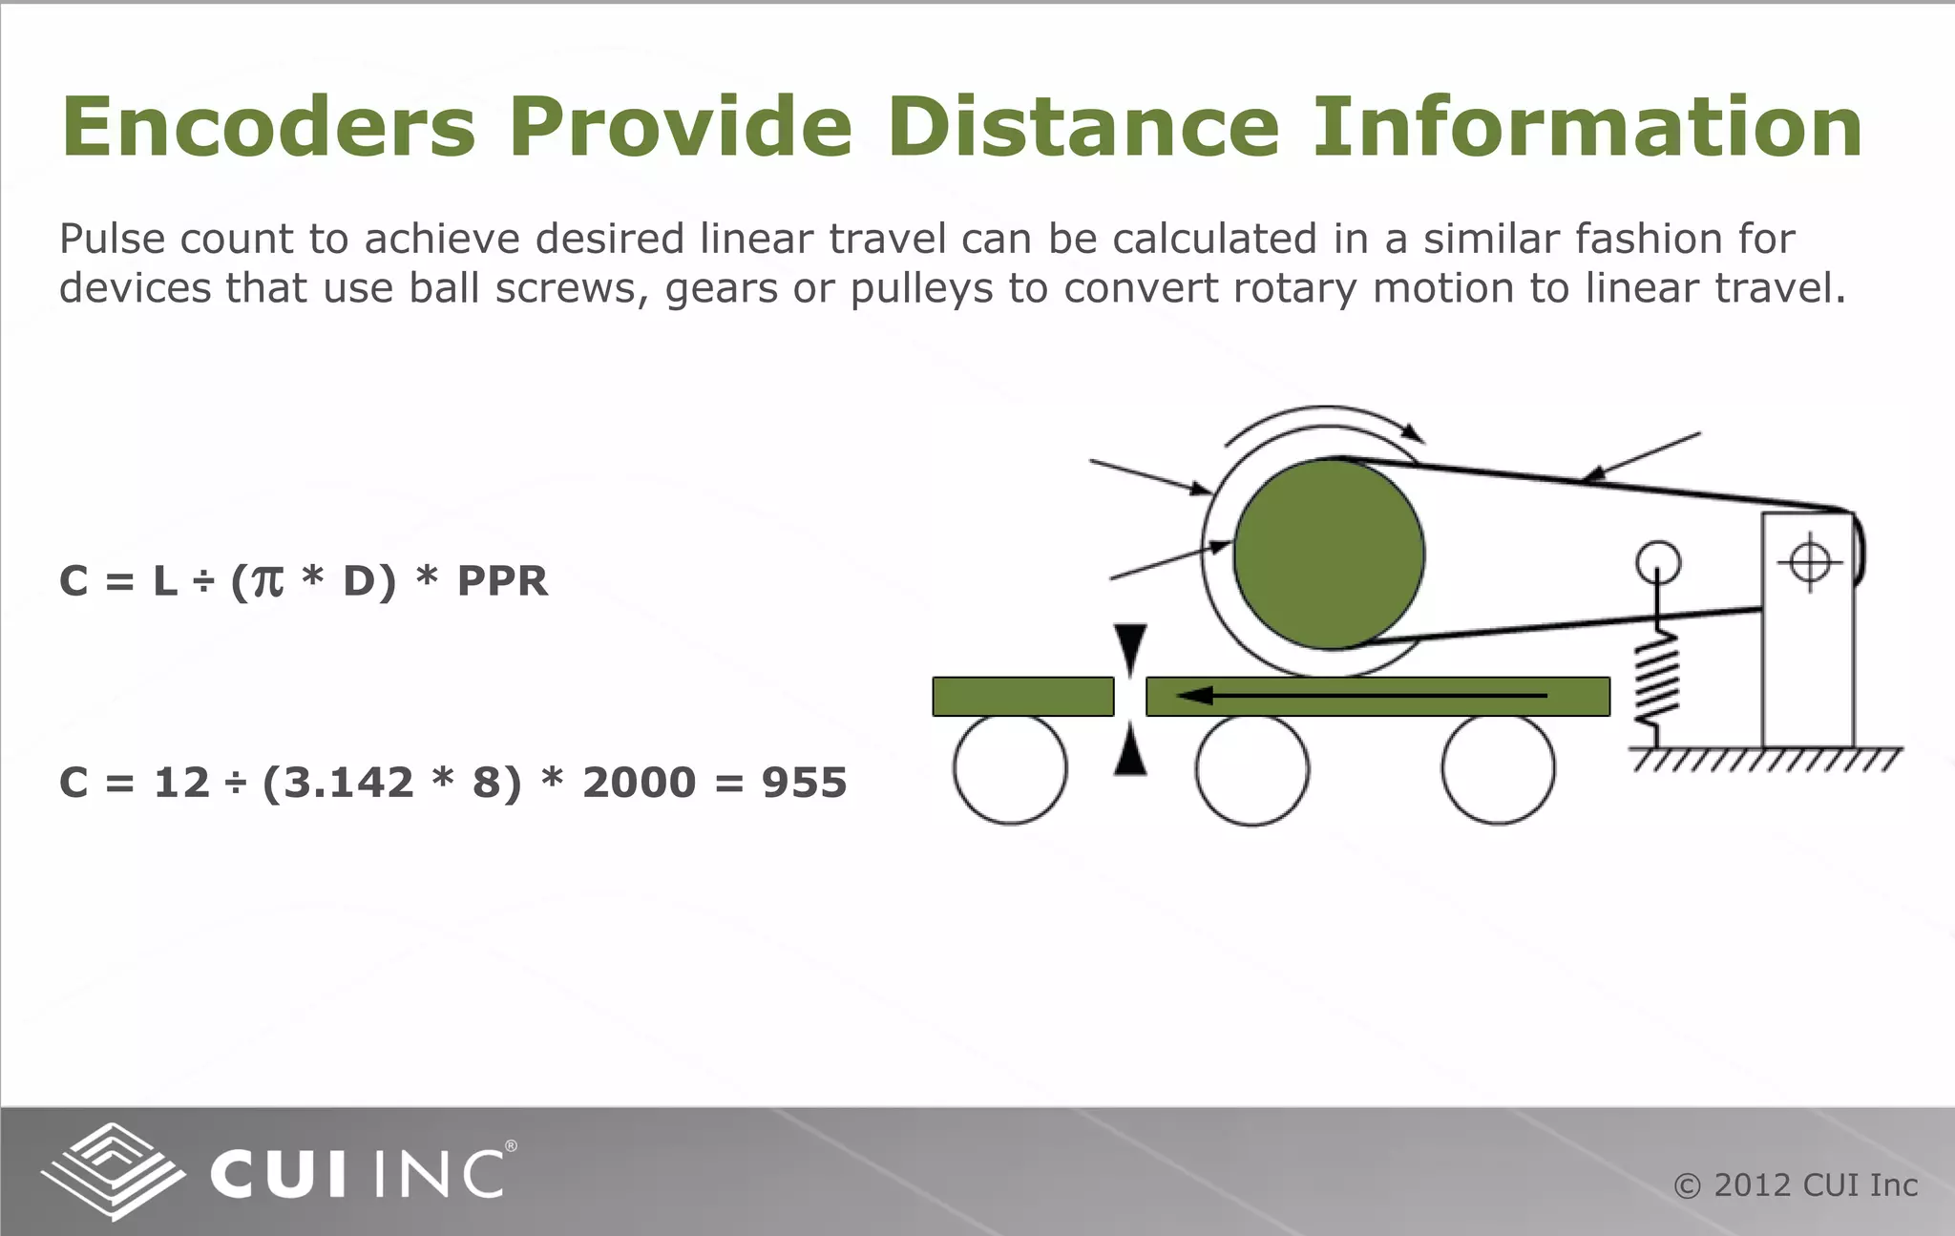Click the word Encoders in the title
[x=268, y=128]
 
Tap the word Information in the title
[x=1587, y=128]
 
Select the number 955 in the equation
[x=804, y=783]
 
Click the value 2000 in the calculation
[x=639, y=783]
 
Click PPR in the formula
[x=502, y=581]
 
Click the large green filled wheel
[x=1329, y=555]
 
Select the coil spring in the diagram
[x=1658, y=681]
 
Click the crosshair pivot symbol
[x=1809, y=561]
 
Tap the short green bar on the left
[x=1022, y=697]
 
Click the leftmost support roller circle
[x=1009, y=768]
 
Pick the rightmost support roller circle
[x=1498, y=768]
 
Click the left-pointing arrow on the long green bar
[x=1360, y=696]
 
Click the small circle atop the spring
[x=1658, y=563]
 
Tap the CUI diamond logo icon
[x=113, y=1170]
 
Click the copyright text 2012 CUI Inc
[x=1796, y=1185]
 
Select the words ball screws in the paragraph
[x=529, y=288]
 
